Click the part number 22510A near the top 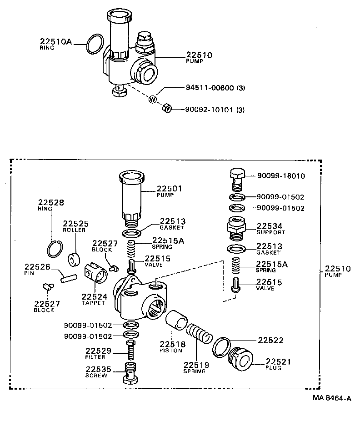[56, 42]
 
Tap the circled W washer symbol [153, 100]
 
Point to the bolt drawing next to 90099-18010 [236, 177]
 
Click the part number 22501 [170, 189]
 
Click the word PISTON [171, 351]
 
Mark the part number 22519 [195, 365]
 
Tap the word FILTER [95, 357]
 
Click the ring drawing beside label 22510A [94, 45]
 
